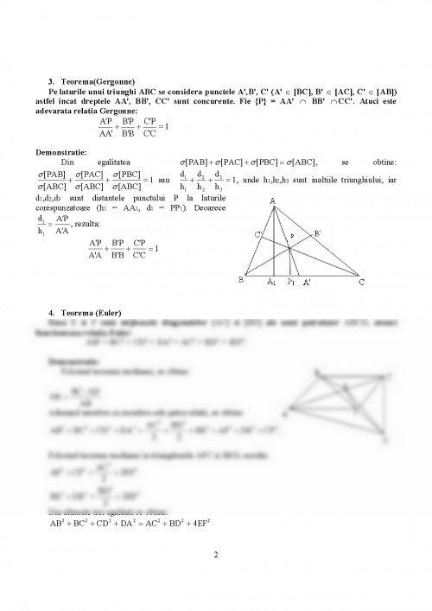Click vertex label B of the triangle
(240, 279)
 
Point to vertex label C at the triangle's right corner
(359, 281)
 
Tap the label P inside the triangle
(292, 235)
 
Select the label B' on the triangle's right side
(317, 232)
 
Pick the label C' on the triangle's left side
(258, 234)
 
